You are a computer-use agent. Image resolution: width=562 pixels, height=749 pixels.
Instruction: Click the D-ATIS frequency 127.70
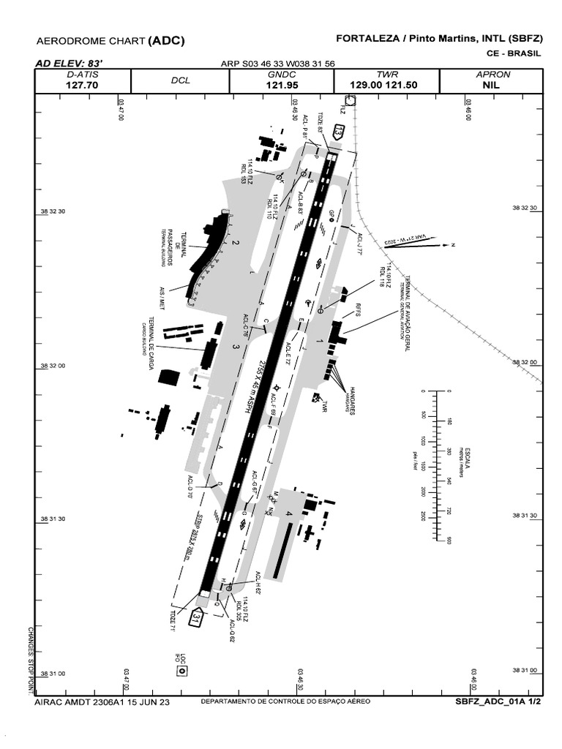pyautogui.click(x=82, y=85)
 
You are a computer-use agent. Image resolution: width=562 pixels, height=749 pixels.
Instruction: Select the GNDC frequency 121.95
pyautogui.click(x=281, y=85)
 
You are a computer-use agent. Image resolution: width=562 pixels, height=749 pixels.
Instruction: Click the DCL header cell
pyautogui.click(x=180, y=80)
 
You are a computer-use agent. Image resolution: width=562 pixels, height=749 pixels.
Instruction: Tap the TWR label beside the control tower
pyautogui.click(x=322, y=407)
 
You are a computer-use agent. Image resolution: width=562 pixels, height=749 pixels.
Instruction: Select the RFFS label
pyautogui.click(x=358, y=310)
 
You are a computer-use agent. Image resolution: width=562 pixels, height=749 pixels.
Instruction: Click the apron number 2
pyautogui.click(x=236, y=242)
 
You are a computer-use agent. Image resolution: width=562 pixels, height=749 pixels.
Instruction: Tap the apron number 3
pyautogui.click(x=235, y=347)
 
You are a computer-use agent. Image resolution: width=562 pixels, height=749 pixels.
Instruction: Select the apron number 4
pyautogui.click(x=289, y=514)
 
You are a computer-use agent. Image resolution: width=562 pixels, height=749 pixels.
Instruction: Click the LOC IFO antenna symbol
pyautogui.click(x=182, y=670)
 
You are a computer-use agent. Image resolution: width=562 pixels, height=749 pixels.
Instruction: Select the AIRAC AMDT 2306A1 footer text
pyautogui.click(x=102, y=702)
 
